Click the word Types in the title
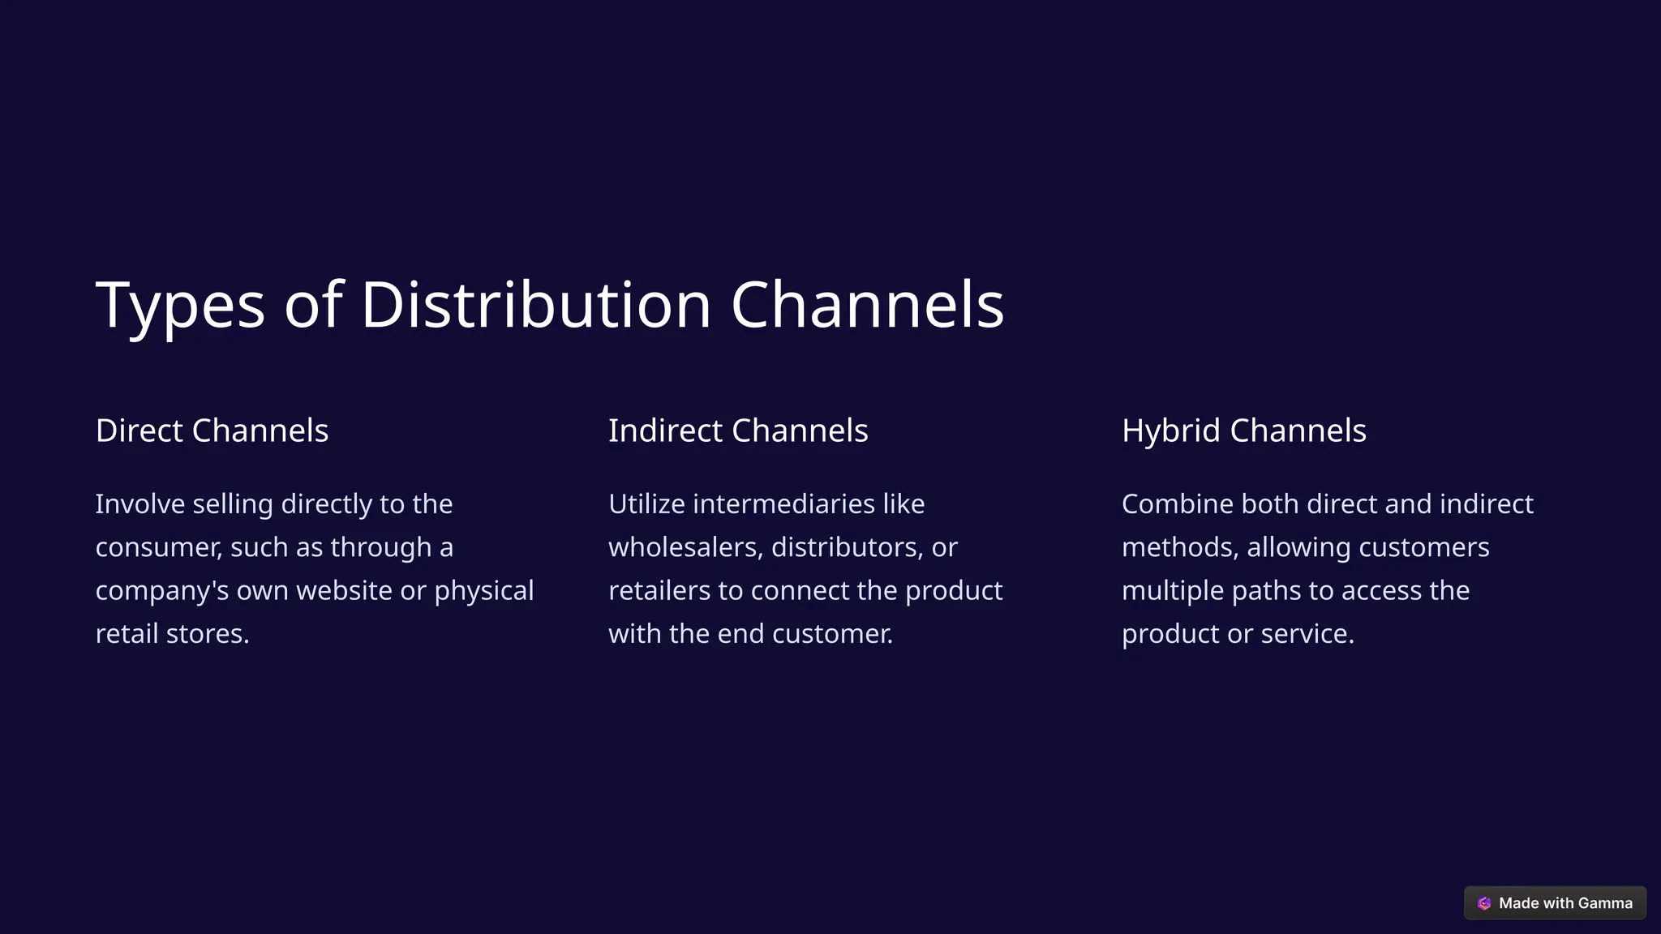(x=180, y=306)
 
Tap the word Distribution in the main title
(x=536, y=305)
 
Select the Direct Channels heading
(x=212, y=431)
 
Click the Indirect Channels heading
(x=738, y=431)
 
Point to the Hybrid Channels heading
(x=1243, y=431)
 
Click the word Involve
(x=140, y=504)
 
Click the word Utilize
(x=646, y=504)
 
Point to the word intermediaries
(x=783, y=504)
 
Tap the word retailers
(x=659, y=591)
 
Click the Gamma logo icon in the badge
(x=1484, y=903)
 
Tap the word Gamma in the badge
(x=1605, y=903)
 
